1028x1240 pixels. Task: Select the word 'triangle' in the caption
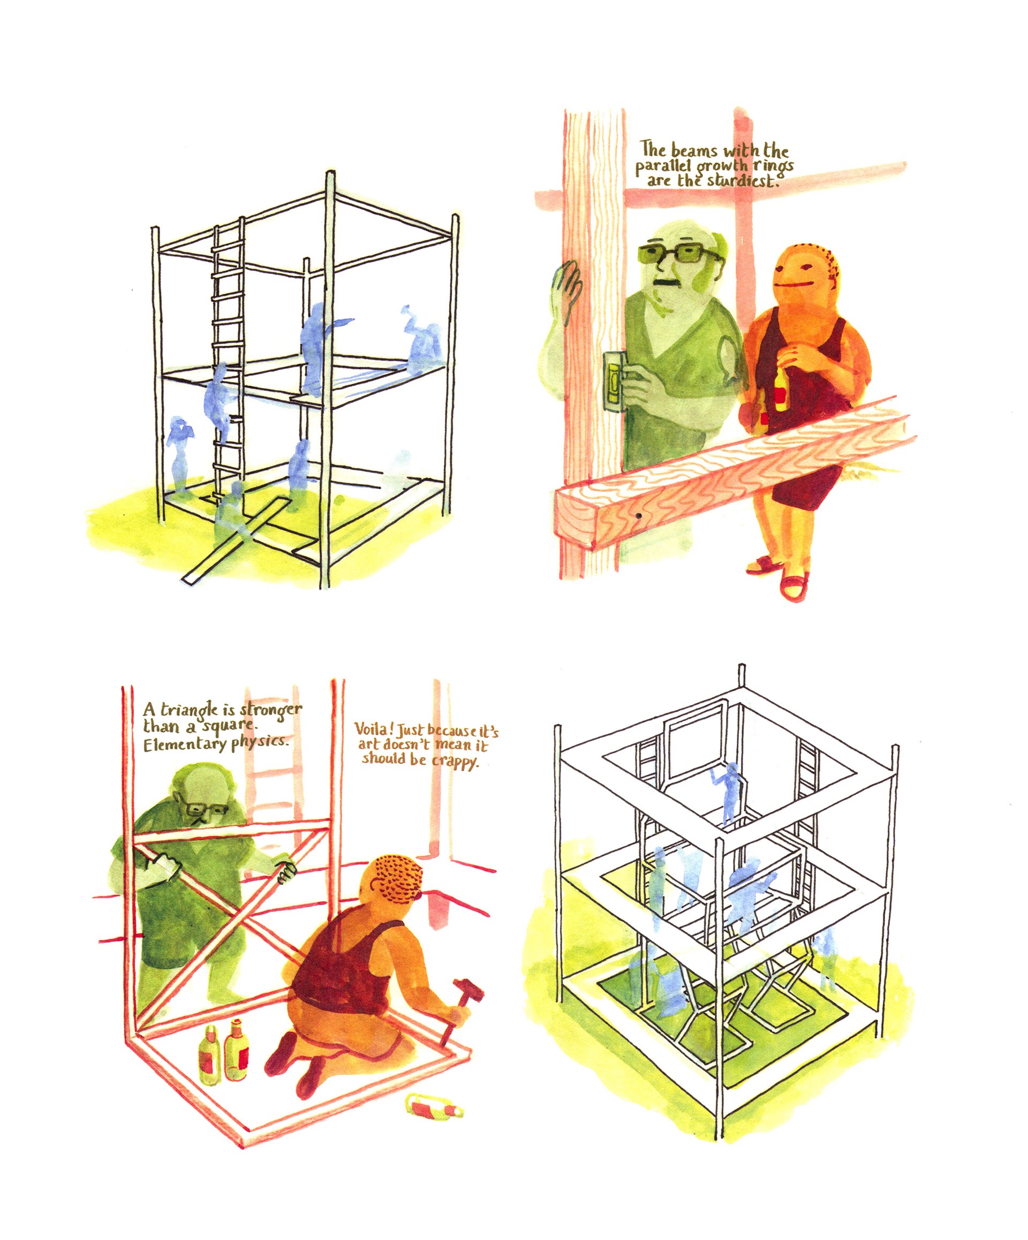click(188, 710)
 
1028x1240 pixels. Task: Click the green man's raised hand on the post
click(567, 287)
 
